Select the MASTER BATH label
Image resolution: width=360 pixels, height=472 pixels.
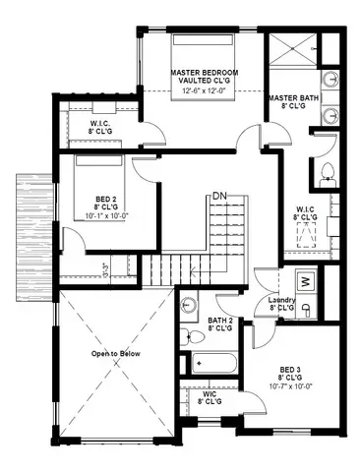click(292, 98)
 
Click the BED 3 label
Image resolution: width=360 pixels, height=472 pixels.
click(292, 368)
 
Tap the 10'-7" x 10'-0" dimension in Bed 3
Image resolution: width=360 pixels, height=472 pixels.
click(292, 386)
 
